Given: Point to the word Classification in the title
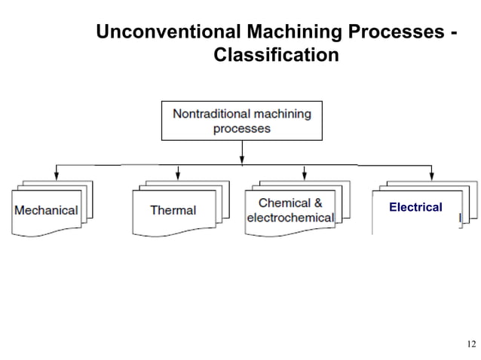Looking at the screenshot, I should coord(276,56).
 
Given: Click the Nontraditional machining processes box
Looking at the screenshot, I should coord(241,121).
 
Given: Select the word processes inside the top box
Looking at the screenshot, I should coord(241,128).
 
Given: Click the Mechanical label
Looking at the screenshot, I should coord(46,210).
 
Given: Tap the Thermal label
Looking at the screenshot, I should coord(173,210).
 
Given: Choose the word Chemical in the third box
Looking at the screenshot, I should coord(283,203).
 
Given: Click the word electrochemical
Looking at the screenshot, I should coord(290,218).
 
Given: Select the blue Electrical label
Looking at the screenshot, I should coord(415,206).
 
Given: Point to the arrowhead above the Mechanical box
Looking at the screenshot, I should coord(57,175).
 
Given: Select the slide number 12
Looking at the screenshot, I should coord(471,344).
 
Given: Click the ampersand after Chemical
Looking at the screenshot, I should coord(317,203).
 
